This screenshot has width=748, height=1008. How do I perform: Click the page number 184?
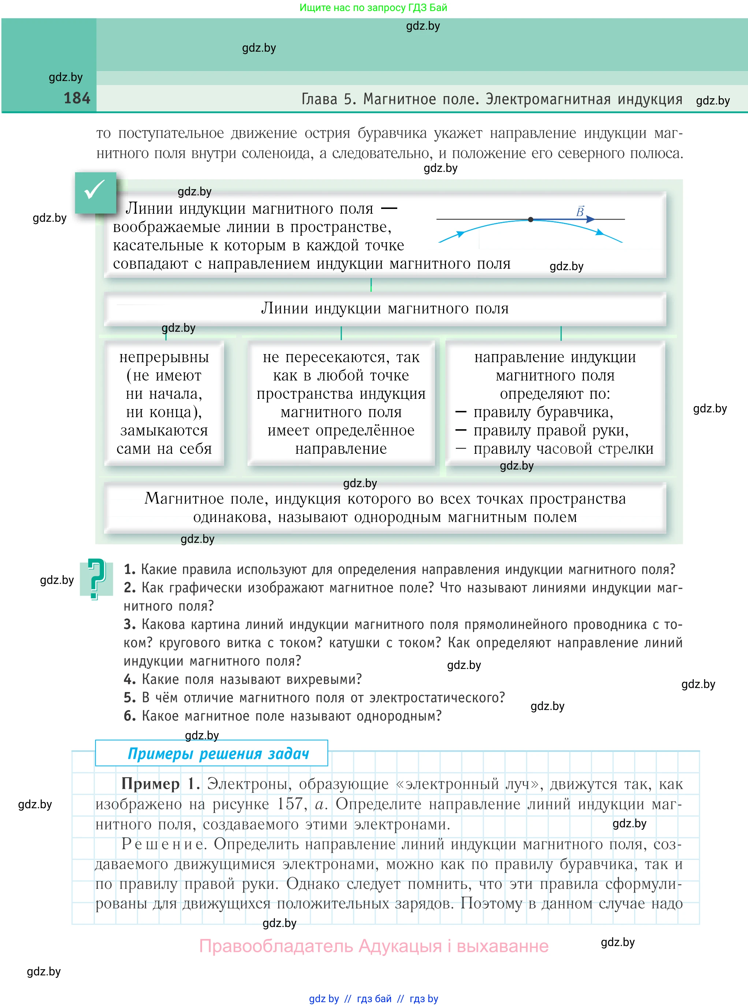77,98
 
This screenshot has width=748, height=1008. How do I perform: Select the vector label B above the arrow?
580,211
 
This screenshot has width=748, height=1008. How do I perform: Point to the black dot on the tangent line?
531,219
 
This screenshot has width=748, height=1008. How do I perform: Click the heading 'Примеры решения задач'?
218,753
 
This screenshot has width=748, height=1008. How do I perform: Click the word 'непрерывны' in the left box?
164,357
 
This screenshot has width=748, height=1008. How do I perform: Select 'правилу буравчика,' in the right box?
543,412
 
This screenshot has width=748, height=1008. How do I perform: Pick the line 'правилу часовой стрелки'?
563,449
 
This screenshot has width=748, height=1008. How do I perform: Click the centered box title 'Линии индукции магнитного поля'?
384,308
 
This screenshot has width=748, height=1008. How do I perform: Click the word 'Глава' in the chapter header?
319,99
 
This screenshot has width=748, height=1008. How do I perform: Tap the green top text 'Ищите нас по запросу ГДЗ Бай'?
373,8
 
